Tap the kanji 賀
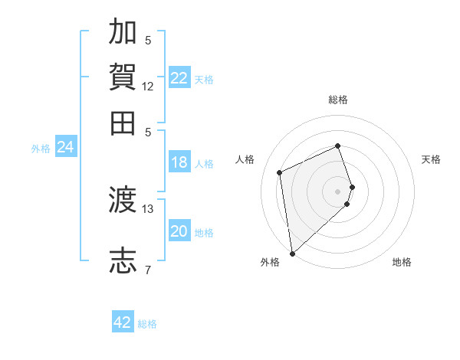pyautogui.click(x=123, y=77)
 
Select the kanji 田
pyautogui.click(x=123, y=123)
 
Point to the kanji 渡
pyautogui.click(x=123, y=199)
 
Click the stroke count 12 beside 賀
pyautogui.click(x=148, y=87)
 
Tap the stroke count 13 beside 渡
pyautogui.click(x=148, y=208)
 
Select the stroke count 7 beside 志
pyautogui.click(x=148, y=270)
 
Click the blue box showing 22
pyautogui.click(x=179, y=78)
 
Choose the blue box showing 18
pyautogui.click(x=179, y=162)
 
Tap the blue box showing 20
pyautogui.click(x=179, y=231)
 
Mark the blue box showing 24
pyautogui.click(x=65, y=147)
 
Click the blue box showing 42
pyautogui.click(x=123, y=322)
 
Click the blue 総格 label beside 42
pyautogui.click(x=147, y=324)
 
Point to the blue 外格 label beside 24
pyautogui.click(x=41, y=149)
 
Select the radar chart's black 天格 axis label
pyautogui.click(x=431, y=159)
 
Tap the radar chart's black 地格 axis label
pyautogui.click(x=402, y=263)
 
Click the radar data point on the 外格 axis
pyautogui.click(x=292, y=253)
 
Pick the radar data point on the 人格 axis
pyautogui.click(x=280, y=172)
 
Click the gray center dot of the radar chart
pyautogui.click(x=337, y=191)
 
